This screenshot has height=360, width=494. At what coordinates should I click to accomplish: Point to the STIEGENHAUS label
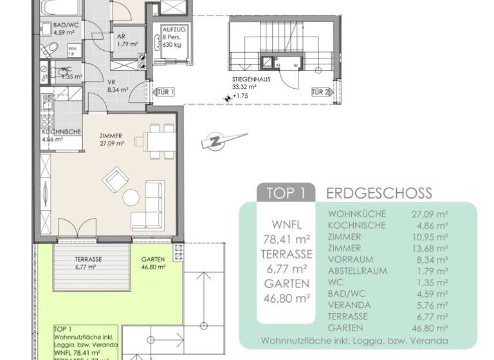point(252,81)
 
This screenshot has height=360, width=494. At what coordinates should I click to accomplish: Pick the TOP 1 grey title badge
point(286,193)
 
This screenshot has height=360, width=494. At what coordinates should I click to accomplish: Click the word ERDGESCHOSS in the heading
point(379,193)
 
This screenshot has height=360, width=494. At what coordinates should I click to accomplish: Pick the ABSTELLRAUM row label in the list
point(358,271)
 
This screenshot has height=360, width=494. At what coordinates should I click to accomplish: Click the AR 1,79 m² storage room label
point(123,40)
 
